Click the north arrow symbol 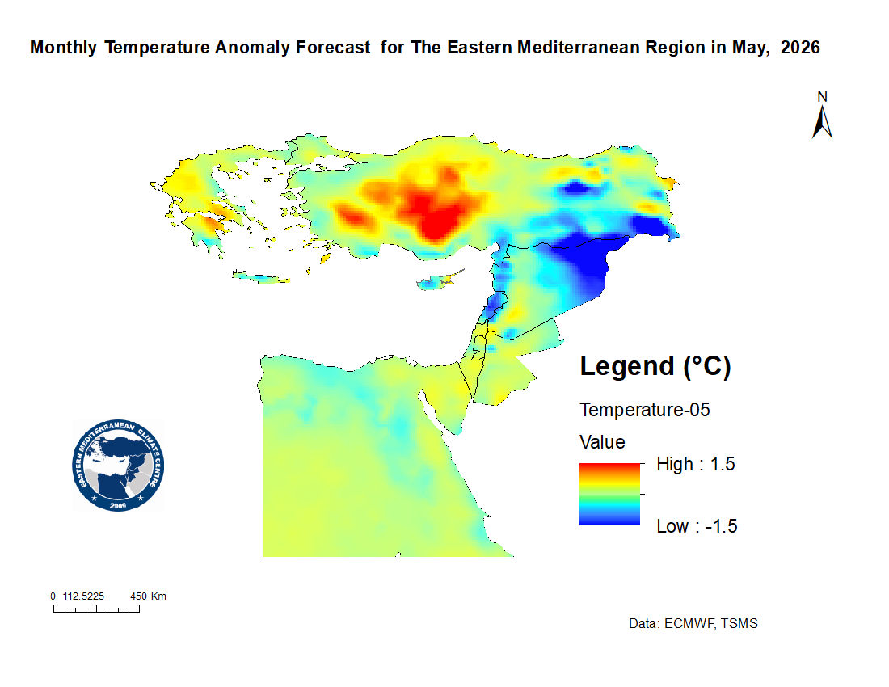point(822,121)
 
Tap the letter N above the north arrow point(822,96)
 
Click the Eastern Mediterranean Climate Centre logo point(118,466)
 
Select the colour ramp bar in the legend point(609,494)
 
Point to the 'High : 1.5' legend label point(695,464)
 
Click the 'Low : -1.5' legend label point(697,526)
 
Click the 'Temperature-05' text point(644,410)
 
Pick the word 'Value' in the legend point(602,442)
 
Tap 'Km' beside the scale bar point(158,596)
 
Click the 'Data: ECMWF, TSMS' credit point(693,624)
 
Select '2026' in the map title point(800,48)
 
